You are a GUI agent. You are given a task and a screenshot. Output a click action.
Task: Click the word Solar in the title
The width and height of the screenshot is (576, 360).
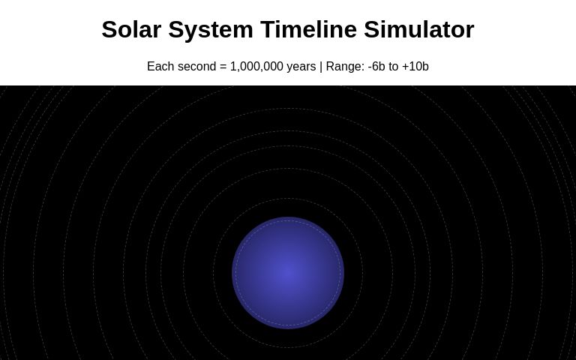tap(131, 29)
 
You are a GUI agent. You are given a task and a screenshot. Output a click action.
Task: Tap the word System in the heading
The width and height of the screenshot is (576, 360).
tap(211, 29)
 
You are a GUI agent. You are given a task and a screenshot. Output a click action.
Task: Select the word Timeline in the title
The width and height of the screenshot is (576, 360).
tap(308, 29)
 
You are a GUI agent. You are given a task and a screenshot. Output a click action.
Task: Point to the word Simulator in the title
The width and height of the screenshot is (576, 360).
tap(419, 29)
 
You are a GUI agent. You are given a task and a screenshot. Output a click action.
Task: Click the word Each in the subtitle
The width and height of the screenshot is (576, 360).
tap(160, 67)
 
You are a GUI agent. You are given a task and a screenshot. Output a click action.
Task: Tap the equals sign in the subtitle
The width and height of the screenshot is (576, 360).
tap(223, 67)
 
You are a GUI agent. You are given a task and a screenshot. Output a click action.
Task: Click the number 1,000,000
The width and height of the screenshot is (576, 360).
tap(256, 67)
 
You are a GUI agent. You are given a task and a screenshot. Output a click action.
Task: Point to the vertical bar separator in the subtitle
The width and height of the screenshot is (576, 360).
tap(321, 67)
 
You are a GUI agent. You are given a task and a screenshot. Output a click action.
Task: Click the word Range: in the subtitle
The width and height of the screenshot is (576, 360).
tap(345, 67)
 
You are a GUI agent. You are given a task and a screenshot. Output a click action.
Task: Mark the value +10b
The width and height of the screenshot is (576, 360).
tap(415, 67)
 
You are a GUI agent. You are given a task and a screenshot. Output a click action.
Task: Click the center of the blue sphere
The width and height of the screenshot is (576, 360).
tap(288, 273)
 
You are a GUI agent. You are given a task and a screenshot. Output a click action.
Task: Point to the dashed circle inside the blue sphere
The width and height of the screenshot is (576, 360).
tap(288, 221)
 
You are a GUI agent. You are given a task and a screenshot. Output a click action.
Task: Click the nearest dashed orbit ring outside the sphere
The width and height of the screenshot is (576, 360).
tap(288, 199)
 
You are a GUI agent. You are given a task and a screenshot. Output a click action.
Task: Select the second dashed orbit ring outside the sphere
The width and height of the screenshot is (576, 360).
tap(288, 169)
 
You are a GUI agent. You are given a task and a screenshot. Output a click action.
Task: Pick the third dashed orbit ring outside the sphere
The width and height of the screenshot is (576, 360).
tap(288, 146)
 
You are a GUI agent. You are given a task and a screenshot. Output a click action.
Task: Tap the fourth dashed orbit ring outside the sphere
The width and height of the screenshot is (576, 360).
tap(288, 131)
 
